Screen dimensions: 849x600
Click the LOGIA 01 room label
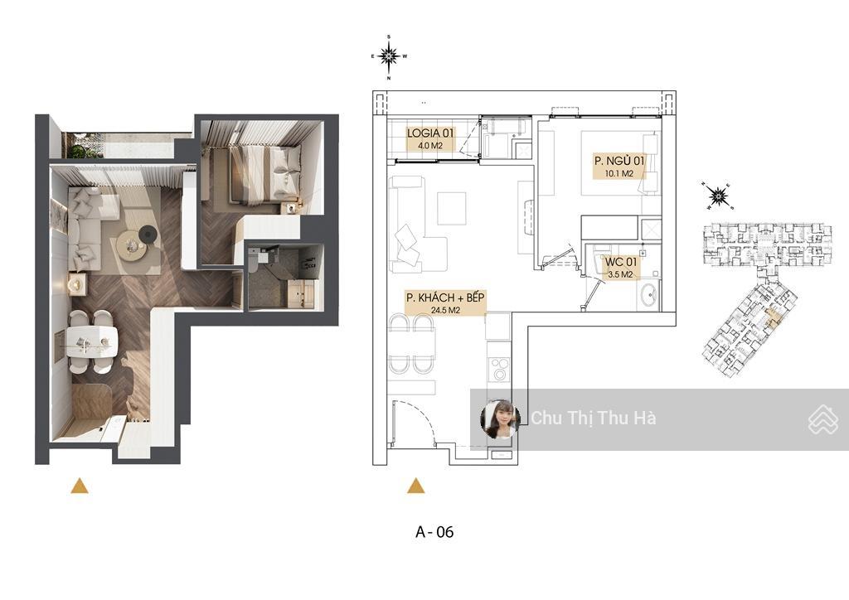(x=431, y=133)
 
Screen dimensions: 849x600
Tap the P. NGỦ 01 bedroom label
(x=619, y=161)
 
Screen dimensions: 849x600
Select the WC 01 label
(x=620, y=263)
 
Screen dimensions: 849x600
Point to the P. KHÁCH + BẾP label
(x=445, y=298)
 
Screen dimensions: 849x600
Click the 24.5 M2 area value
(x=445, y=311)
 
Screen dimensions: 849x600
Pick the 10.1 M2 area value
(x=619, y=174)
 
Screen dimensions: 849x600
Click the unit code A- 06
(x=434, y=532)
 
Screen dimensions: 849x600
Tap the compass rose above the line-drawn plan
(x=389, y=56)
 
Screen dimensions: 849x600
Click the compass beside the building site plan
(x=718, y=196)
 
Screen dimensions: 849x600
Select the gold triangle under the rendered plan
(x=79, y=486)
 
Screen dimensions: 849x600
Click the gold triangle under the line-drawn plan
(x=416, y=486)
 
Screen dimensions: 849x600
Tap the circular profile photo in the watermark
(x=500, y=419)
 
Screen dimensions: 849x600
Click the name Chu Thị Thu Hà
(x=594, y=419)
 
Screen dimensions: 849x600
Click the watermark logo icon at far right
(x=823, y=419)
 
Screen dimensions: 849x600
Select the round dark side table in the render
(x=147, y=235)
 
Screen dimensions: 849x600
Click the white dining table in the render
(x=91, y=342)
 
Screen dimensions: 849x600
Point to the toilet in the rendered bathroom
(x=254, y=261)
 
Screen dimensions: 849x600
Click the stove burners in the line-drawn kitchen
(x=498, y=370)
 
